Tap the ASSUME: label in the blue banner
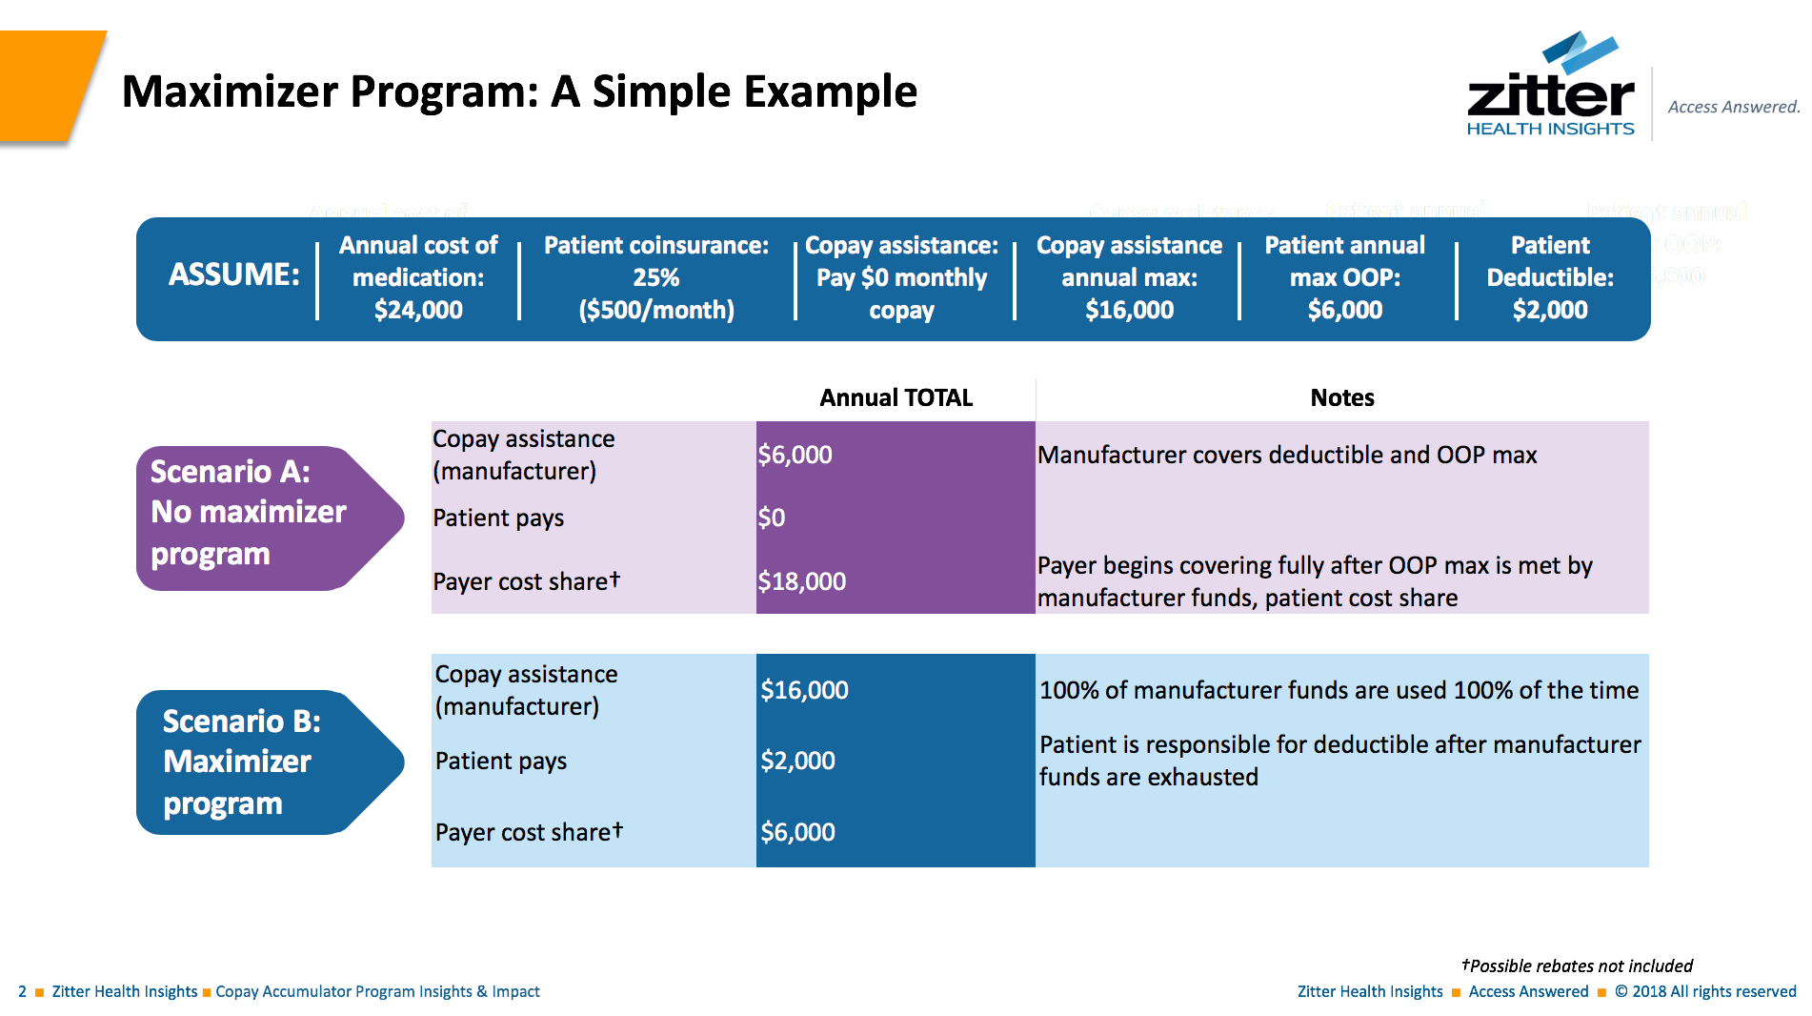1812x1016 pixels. coord(233,274)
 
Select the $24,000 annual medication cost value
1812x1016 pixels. coord(418,310)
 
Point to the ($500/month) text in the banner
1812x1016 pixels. coord(656,310)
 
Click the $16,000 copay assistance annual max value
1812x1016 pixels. coord(1129,310)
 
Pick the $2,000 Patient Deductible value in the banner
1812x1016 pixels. coord(1550,310)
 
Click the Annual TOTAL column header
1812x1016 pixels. coord(896,397)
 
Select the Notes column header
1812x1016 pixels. coord(1341,397)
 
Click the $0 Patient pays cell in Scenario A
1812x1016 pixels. coord(772,518)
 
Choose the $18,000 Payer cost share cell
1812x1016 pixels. coord(802,581)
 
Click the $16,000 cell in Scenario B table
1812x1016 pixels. coord(804,690)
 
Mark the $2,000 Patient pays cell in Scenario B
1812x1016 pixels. coord(798,761)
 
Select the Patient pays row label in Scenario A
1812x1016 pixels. coord(498,518)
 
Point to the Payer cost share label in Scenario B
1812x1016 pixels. coord(529,832)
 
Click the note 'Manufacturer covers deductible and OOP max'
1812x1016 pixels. coord(1286,455)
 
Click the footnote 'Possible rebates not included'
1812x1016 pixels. coord(1579,965)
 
